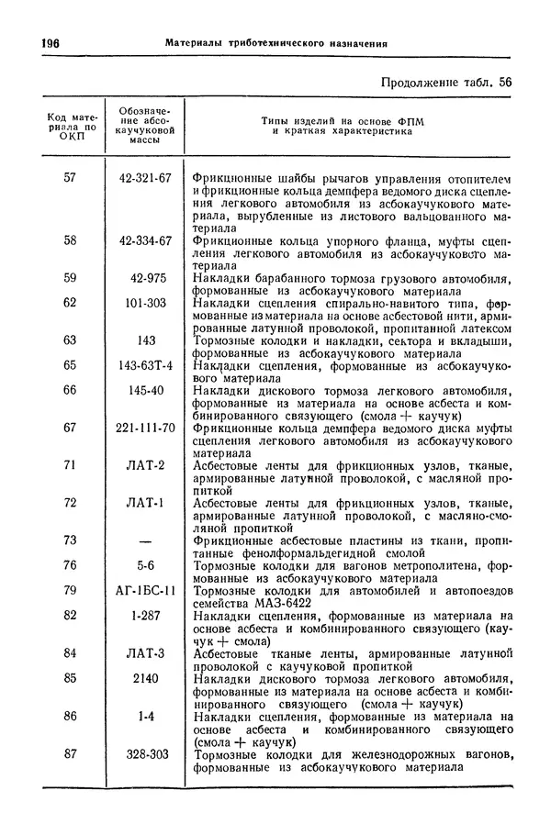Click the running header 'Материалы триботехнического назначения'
269,43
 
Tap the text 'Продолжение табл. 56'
446,83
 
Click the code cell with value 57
70,177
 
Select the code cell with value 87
70,753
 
